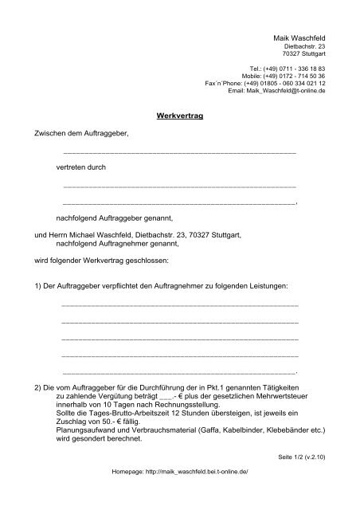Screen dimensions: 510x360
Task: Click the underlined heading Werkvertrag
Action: click(x=183, y=116)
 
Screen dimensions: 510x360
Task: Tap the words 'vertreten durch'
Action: click(x=80, y=168)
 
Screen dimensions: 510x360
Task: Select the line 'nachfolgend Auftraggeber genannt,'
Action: click(x=114, y=217)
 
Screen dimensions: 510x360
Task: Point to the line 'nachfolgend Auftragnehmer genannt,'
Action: click(x=117, y=246)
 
